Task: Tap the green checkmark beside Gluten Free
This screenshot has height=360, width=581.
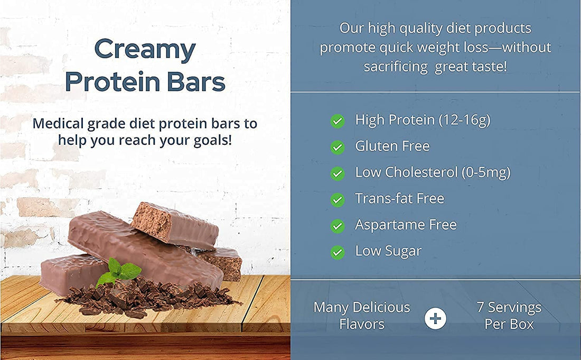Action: (338, 147)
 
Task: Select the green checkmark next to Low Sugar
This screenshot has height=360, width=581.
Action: (338, 252)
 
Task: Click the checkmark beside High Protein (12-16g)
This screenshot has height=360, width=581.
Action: (338, 121)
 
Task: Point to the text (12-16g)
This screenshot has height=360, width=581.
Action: (464, 120)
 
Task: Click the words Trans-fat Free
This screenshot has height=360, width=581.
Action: (399, 199)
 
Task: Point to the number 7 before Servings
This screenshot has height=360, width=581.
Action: (481, 307)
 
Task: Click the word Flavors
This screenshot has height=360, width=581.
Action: (362, 324)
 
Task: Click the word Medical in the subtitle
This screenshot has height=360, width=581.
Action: (57, 124)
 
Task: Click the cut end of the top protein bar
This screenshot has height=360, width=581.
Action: (150, 219)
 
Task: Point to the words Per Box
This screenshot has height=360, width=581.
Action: (509, 324)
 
